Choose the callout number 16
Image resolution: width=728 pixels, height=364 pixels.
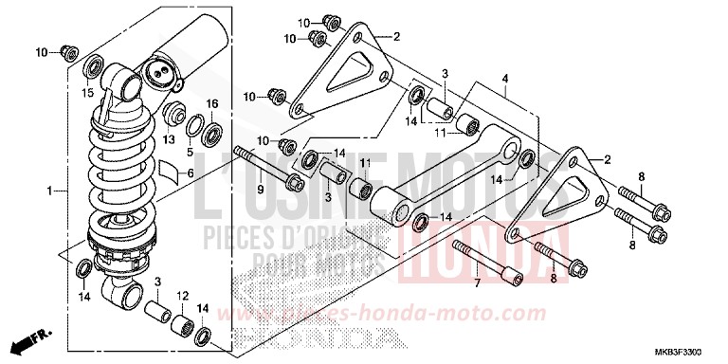pyautogui.click(x=211, y=103)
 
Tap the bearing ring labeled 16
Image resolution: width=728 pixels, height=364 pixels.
pyautogui.click(x=212, y=128)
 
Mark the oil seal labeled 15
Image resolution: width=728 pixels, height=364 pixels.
pyautogui.click(x=94, y=66)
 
